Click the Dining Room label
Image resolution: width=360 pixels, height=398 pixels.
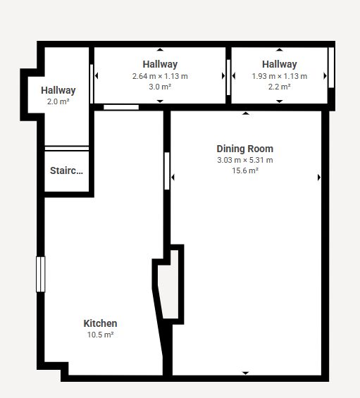[245, 149]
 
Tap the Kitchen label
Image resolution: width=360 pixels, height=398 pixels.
[100, 323]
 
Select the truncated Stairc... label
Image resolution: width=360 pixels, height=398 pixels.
[66, 170]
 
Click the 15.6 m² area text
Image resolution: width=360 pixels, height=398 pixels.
[245, 170]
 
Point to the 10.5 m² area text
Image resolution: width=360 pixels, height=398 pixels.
[100, 335]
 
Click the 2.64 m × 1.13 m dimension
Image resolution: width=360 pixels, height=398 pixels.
[160, 76]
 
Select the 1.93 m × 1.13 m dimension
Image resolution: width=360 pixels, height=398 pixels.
[280, 76]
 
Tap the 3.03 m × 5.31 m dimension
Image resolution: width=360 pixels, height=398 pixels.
[245, 160]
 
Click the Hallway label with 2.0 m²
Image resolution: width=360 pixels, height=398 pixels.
[58, 90]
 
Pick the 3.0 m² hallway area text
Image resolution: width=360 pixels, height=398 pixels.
[160, 87]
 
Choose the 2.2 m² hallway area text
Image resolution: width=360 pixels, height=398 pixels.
[280, 87]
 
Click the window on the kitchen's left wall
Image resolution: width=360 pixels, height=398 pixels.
[41, 274]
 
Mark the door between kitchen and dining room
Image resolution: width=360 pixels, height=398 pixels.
[167, 171]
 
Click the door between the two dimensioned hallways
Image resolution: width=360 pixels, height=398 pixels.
[228, 77]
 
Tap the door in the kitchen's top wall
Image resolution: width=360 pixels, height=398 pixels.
[121, 107]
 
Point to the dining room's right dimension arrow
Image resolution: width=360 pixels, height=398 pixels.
[319, 178]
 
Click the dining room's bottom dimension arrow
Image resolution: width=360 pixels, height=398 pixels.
[245, 373]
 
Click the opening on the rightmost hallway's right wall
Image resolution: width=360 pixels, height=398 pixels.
[331, 68]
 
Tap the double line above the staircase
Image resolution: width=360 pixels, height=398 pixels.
[67, 149]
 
